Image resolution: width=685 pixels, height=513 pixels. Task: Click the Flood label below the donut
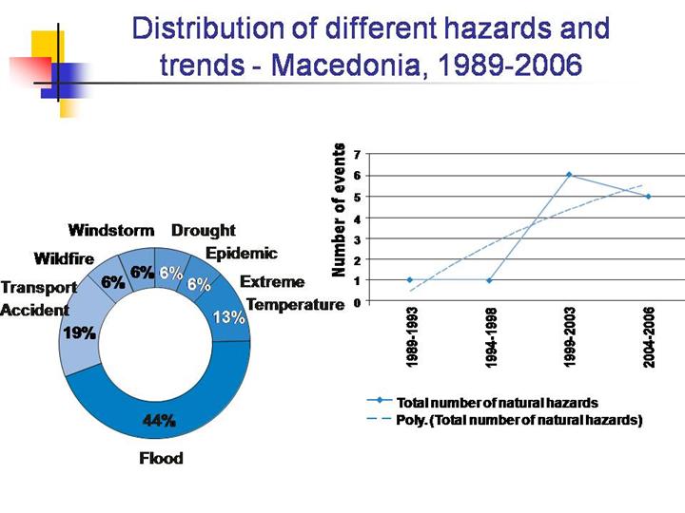click(x=161, y=458)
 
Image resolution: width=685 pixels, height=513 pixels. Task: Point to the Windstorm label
click(x=111, y=230)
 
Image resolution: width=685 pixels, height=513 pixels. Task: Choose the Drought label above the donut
click(x=203, y=230)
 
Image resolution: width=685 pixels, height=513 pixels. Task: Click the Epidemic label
click(x=242, y=254)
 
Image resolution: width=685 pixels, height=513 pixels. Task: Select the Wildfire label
click(x=64, y=257)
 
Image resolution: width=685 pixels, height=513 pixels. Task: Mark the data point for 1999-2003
click(x=569, y=175)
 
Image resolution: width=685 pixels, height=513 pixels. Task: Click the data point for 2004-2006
click(x=648, y=197)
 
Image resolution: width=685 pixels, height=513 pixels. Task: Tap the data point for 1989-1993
click(x=409, y=280)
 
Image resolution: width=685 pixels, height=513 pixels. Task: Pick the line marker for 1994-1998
click(x=489, y=280)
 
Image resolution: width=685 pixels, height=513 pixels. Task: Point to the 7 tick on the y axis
click(x=356, y=154)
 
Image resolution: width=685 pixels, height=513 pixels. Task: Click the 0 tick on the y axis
click(x=356, y=302)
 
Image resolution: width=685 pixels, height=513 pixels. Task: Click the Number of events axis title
click(x=338, y=210)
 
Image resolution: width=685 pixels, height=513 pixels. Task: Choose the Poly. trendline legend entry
click(x=519, y=420)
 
